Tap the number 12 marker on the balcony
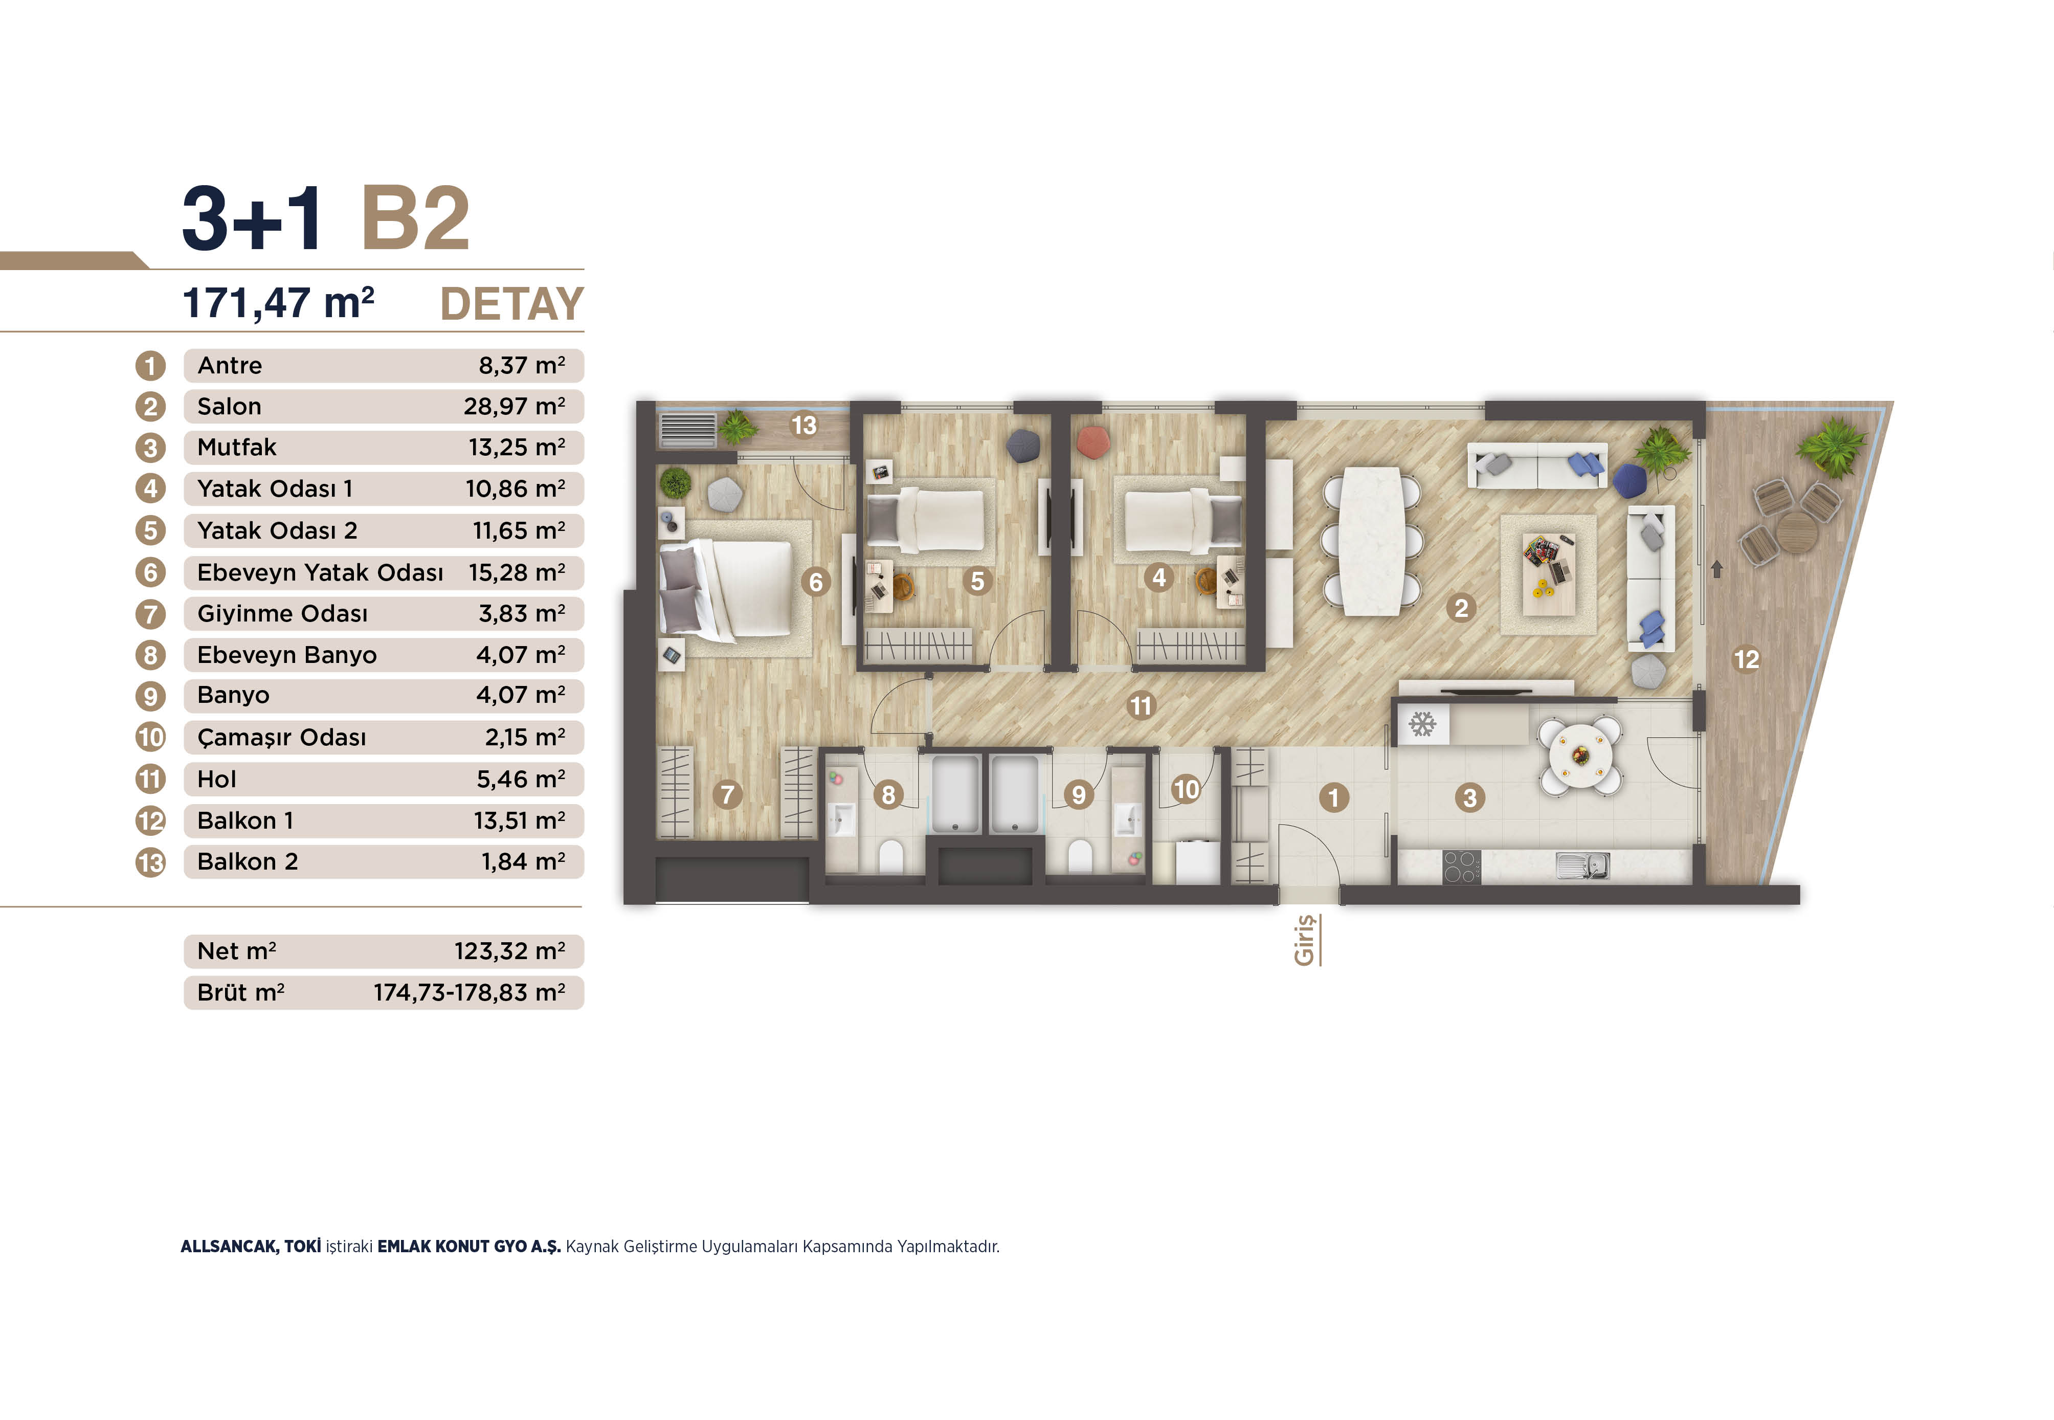click(1746, 659)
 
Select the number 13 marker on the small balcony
click(804, 425)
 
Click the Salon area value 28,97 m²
click(514, 407)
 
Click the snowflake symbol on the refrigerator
click(1422, 724)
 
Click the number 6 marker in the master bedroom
click(816, 582)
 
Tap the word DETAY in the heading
click(511, 304)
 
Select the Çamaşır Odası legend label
click(281, 738)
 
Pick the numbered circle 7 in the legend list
click(150, 614)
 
